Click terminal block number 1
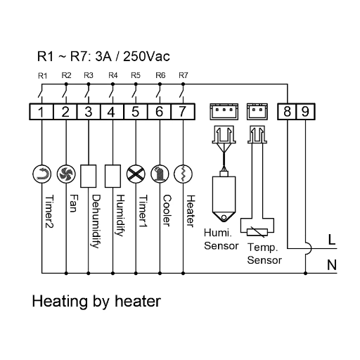[41, 112]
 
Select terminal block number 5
[136, 112]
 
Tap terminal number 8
[287, 112]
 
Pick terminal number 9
[305, 112]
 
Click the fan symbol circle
[66, 174]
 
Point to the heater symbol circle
[183, 174]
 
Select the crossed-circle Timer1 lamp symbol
[136, 174]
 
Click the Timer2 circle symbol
[42, 174]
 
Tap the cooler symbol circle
[160, 174]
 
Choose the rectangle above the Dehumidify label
[89, 176]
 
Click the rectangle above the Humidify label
[112, 176]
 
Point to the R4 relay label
[113, 75]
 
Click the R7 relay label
[184, 75]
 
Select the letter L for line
[332, 240]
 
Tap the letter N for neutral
[332, 265]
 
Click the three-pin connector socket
[224, 112]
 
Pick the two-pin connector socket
[257, 112]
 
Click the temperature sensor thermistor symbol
[257, 232]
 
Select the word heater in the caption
[138, 301]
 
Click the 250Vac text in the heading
[146, 56]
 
